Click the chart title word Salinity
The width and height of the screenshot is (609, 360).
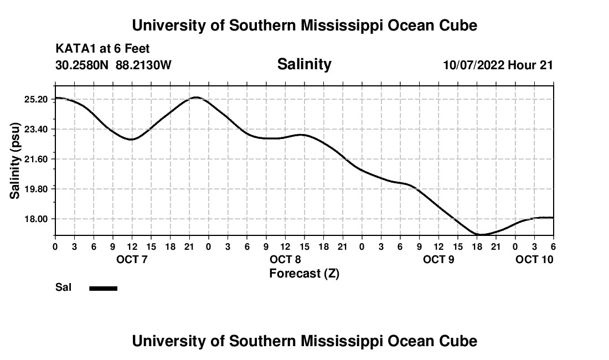304,64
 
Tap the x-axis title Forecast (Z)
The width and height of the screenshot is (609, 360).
304,274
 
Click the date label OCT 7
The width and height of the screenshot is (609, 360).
132,260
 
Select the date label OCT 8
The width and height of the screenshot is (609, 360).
285,260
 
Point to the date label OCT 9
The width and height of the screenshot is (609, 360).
438,260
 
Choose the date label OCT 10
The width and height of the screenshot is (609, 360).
534,260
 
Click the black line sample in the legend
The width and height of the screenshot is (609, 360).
104,288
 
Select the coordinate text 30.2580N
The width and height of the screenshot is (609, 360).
83,65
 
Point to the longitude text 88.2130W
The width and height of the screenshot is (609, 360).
143,65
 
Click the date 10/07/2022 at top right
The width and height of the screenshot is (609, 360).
474,65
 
